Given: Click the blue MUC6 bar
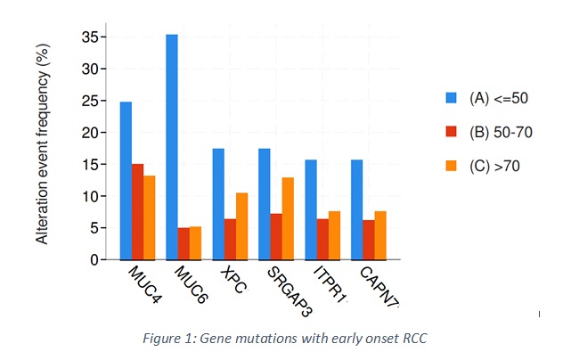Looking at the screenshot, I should [x=172, y=147].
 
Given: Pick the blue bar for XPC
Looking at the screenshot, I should [x=218, y=204].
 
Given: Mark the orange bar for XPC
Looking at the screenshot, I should [x=241, y=226].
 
